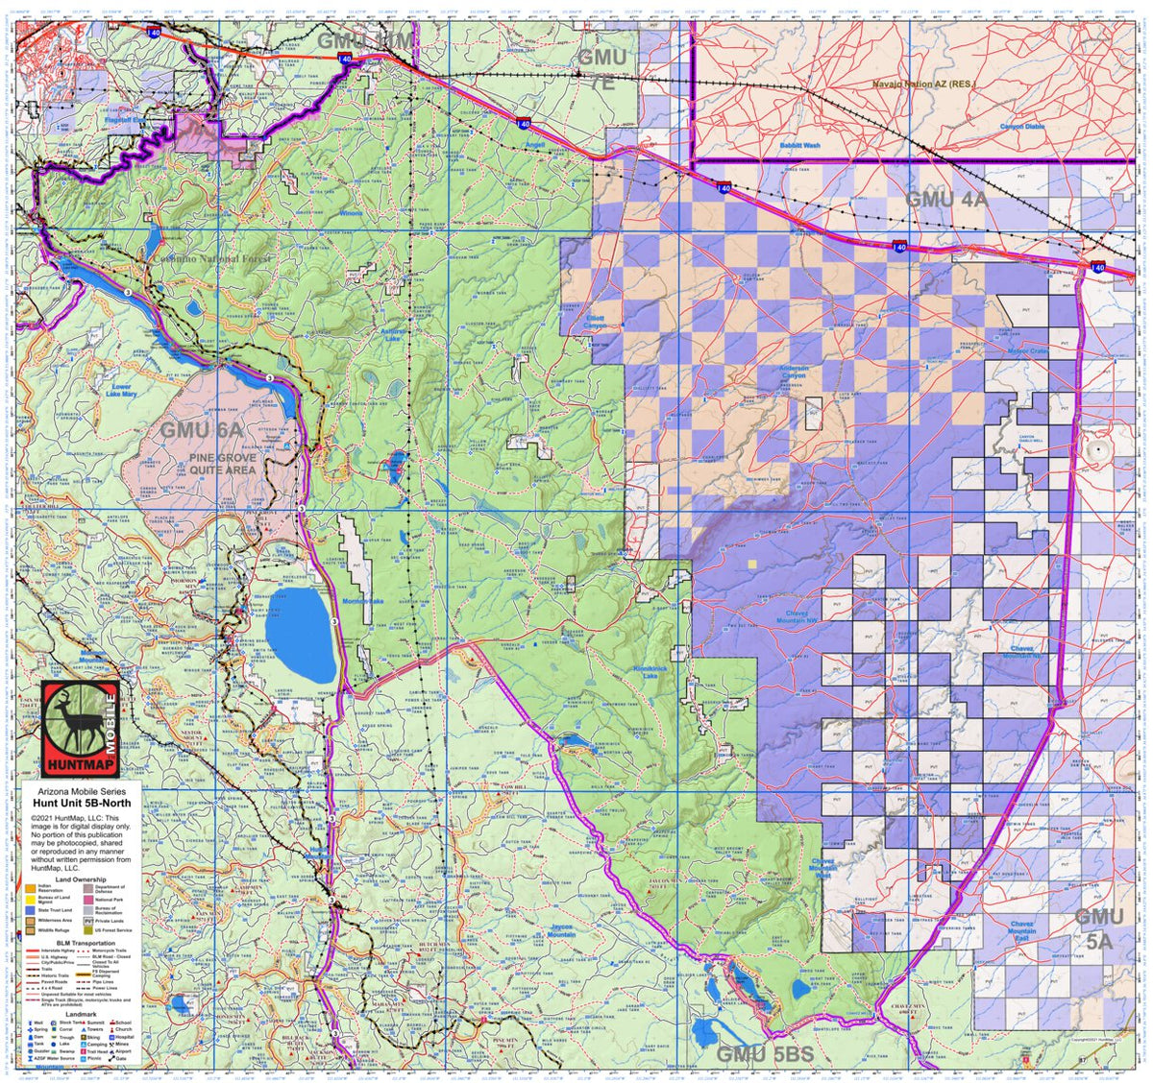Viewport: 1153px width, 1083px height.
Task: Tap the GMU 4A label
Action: click(946, 200)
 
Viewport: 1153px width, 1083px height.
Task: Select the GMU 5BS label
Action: click(765, 1054)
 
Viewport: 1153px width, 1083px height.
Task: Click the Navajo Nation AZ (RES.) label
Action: click(923, 84)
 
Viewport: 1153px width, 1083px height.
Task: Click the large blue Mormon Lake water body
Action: click(299, 634)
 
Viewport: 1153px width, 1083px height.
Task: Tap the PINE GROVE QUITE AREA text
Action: click(222, 465)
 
